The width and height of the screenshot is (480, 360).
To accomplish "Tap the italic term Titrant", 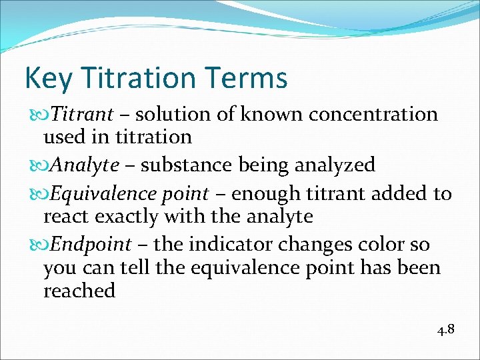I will pos(82,114).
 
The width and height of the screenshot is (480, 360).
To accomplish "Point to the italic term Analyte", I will pos(85,164).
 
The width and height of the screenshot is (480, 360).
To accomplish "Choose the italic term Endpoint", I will pos(91,244).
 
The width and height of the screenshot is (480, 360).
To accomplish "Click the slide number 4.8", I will pos(445,329).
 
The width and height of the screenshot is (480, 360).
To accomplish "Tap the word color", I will pos(381,244).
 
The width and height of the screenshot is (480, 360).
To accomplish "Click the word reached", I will pos(79,291).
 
